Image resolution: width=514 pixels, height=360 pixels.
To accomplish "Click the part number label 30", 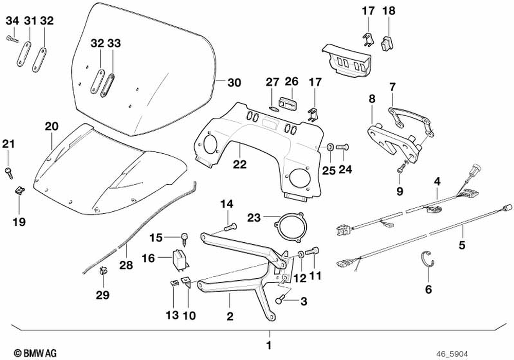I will point(234,82).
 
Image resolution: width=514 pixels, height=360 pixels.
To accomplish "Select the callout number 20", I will point(51,127).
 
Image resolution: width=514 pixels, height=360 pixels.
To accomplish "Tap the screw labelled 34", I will point(12,38).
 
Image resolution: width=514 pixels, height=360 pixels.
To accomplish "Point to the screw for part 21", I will point(9,171).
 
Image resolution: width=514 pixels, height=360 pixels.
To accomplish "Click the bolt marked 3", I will point(282,298).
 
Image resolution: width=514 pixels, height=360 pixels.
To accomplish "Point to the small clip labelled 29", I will point(103,271).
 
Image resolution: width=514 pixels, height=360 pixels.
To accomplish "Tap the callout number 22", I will point(240,165).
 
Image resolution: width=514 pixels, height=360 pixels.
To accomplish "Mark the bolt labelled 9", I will point(401,166).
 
